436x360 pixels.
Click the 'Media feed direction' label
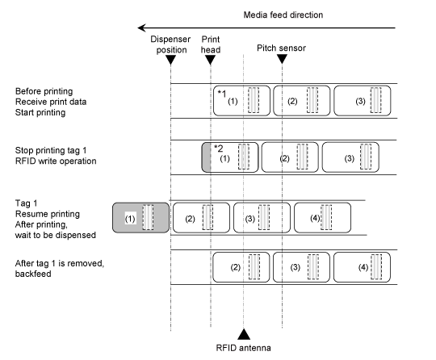283,15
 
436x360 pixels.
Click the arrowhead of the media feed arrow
141,27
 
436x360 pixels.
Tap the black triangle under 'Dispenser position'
170,60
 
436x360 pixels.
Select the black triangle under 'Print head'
210,60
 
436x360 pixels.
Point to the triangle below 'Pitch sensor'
282,59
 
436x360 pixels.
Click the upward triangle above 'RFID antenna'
244,334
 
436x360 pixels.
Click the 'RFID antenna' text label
243,348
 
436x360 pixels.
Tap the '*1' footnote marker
222,94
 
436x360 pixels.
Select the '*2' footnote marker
219,149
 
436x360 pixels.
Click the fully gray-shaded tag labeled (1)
140,218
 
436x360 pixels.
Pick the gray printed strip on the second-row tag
206,157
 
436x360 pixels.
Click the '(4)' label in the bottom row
363,267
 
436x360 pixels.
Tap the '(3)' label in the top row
360,101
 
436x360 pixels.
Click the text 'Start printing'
40,112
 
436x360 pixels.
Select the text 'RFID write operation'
56,161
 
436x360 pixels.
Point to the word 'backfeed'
33,274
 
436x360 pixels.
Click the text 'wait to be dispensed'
56,235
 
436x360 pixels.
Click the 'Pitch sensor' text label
281,48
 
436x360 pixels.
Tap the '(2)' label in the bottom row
235,267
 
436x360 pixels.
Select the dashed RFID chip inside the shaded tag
148,217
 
